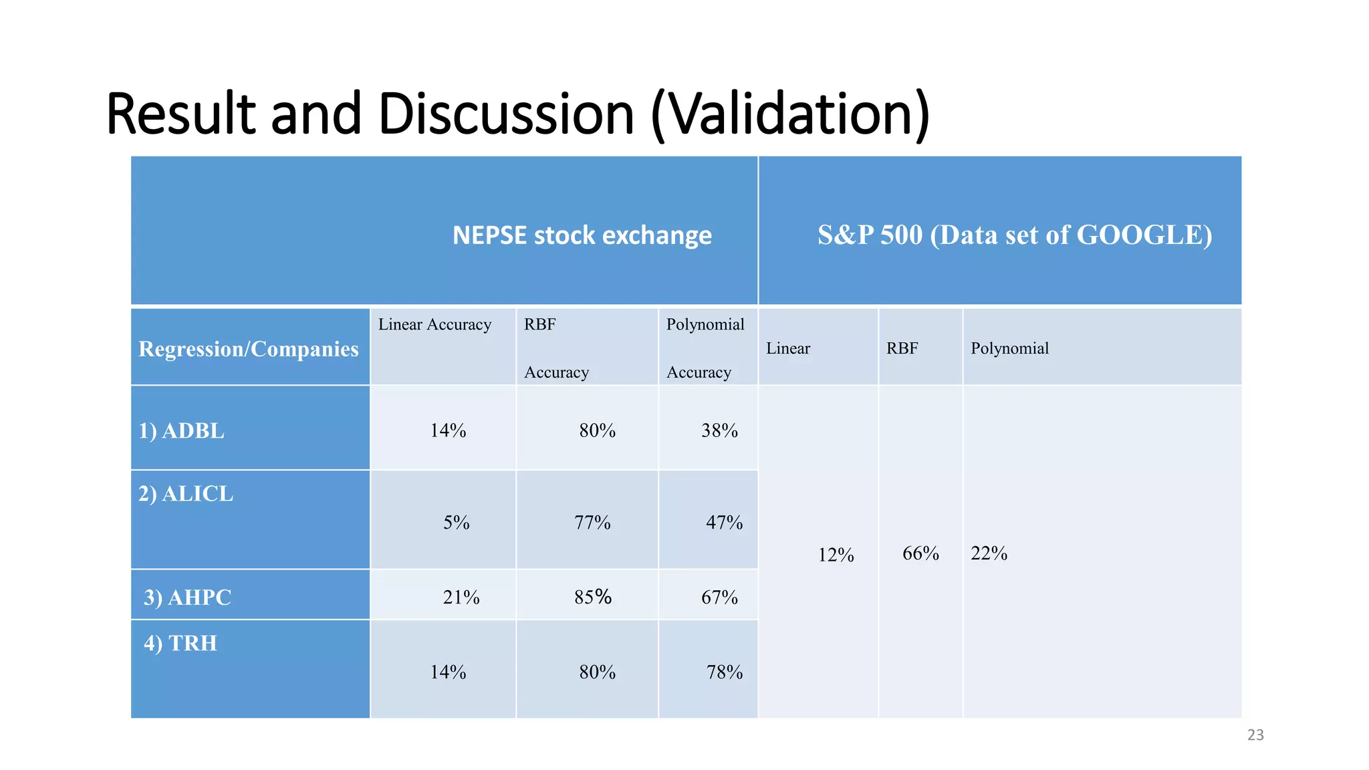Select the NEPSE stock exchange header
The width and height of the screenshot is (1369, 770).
582,235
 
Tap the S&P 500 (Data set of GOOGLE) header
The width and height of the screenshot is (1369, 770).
1014,235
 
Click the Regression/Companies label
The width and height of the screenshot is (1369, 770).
249,349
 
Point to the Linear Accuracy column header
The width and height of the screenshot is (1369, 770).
434,325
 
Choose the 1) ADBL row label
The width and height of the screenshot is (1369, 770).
181,431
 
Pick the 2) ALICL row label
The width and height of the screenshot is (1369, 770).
186,494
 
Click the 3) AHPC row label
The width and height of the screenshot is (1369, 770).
187,598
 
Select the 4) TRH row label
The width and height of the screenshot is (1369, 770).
180,644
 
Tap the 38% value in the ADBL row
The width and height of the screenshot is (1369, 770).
719,431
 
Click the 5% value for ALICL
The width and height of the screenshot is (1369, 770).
456,523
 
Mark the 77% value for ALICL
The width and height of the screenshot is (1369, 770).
592,523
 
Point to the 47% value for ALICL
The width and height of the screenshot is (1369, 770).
724,523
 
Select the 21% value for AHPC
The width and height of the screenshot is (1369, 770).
461,598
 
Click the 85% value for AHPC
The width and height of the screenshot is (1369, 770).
593,597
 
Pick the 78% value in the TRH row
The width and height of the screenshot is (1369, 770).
725,672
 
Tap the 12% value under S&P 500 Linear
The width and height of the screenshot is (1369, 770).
836,555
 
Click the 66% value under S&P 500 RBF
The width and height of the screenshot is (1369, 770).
920,553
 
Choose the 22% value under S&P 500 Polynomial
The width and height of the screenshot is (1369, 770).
989,553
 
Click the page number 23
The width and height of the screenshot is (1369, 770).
1255,735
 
